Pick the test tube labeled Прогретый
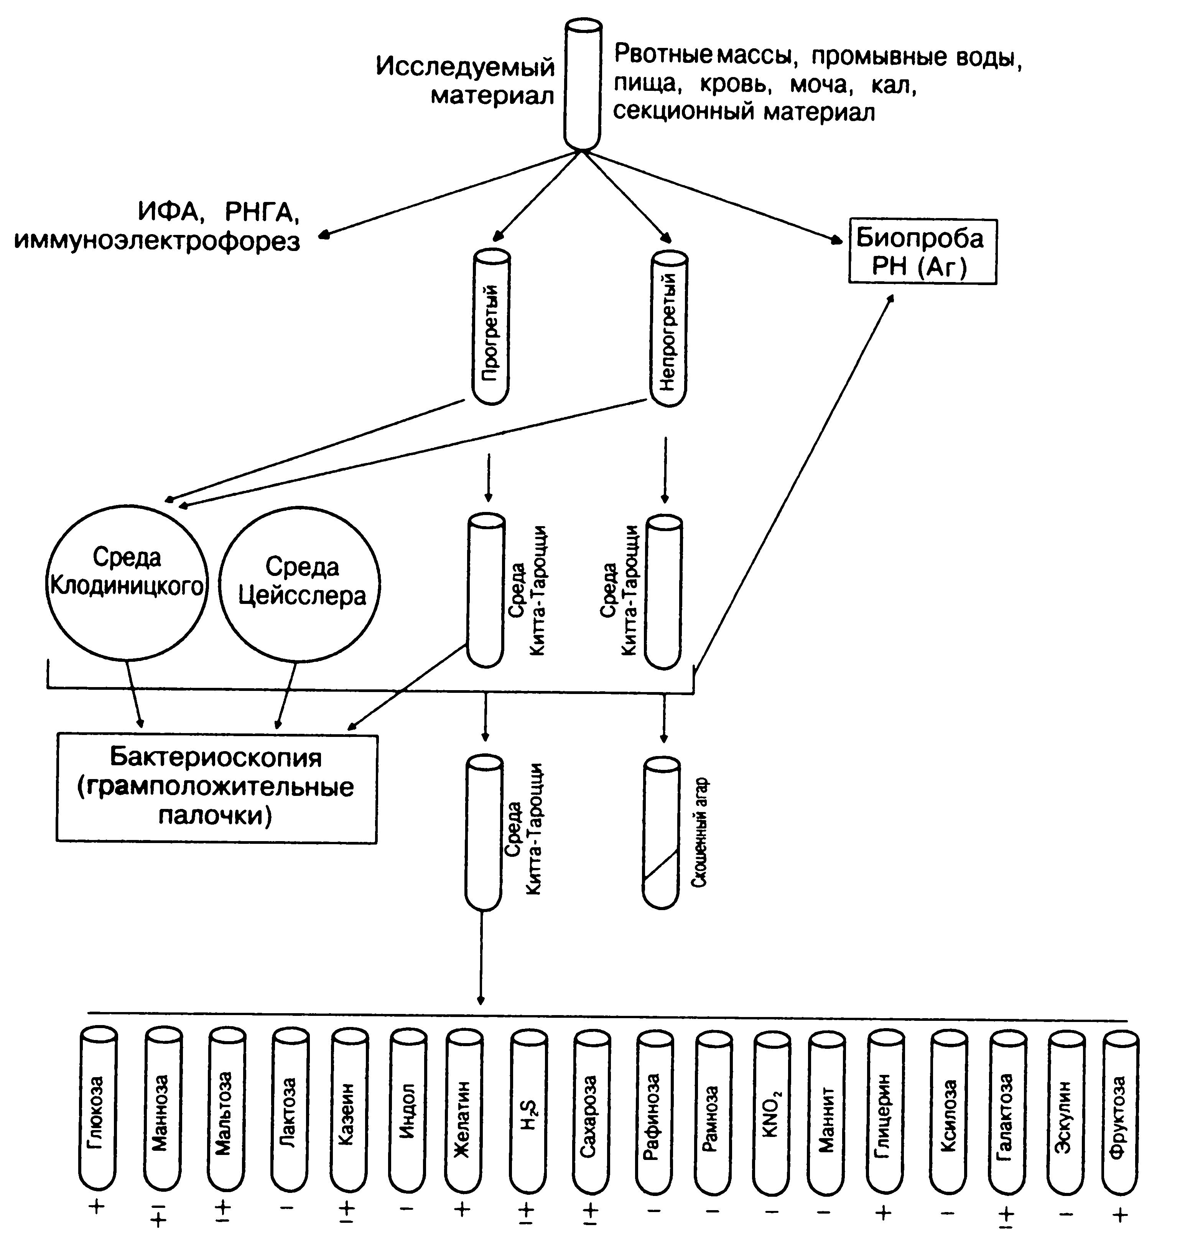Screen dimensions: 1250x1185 click(491, 327)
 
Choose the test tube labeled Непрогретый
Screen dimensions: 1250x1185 click(669, 328)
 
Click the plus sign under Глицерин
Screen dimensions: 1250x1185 click(883, 1211)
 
